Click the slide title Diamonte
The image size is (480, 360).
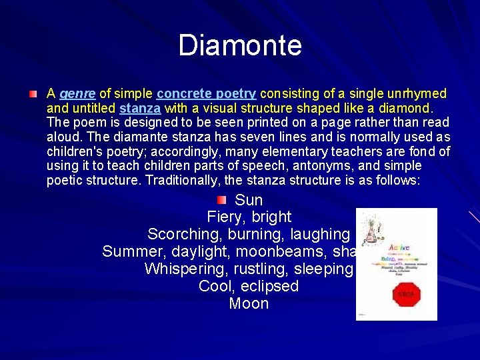coord(240,45)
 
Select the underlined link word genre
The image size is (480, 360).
coord(77,93)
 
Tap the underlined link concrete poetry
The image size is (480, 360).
coord(206,93)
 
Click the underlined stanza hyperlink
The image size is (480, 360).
coord(140,108)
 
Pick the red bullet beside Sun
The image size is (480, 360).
coord(222,200)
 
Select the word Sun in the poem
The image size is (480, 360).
coord(249,200)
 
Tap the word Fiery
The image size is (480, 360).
coord(225,217)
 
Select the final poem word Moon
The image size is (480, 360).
coord(249,304)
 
